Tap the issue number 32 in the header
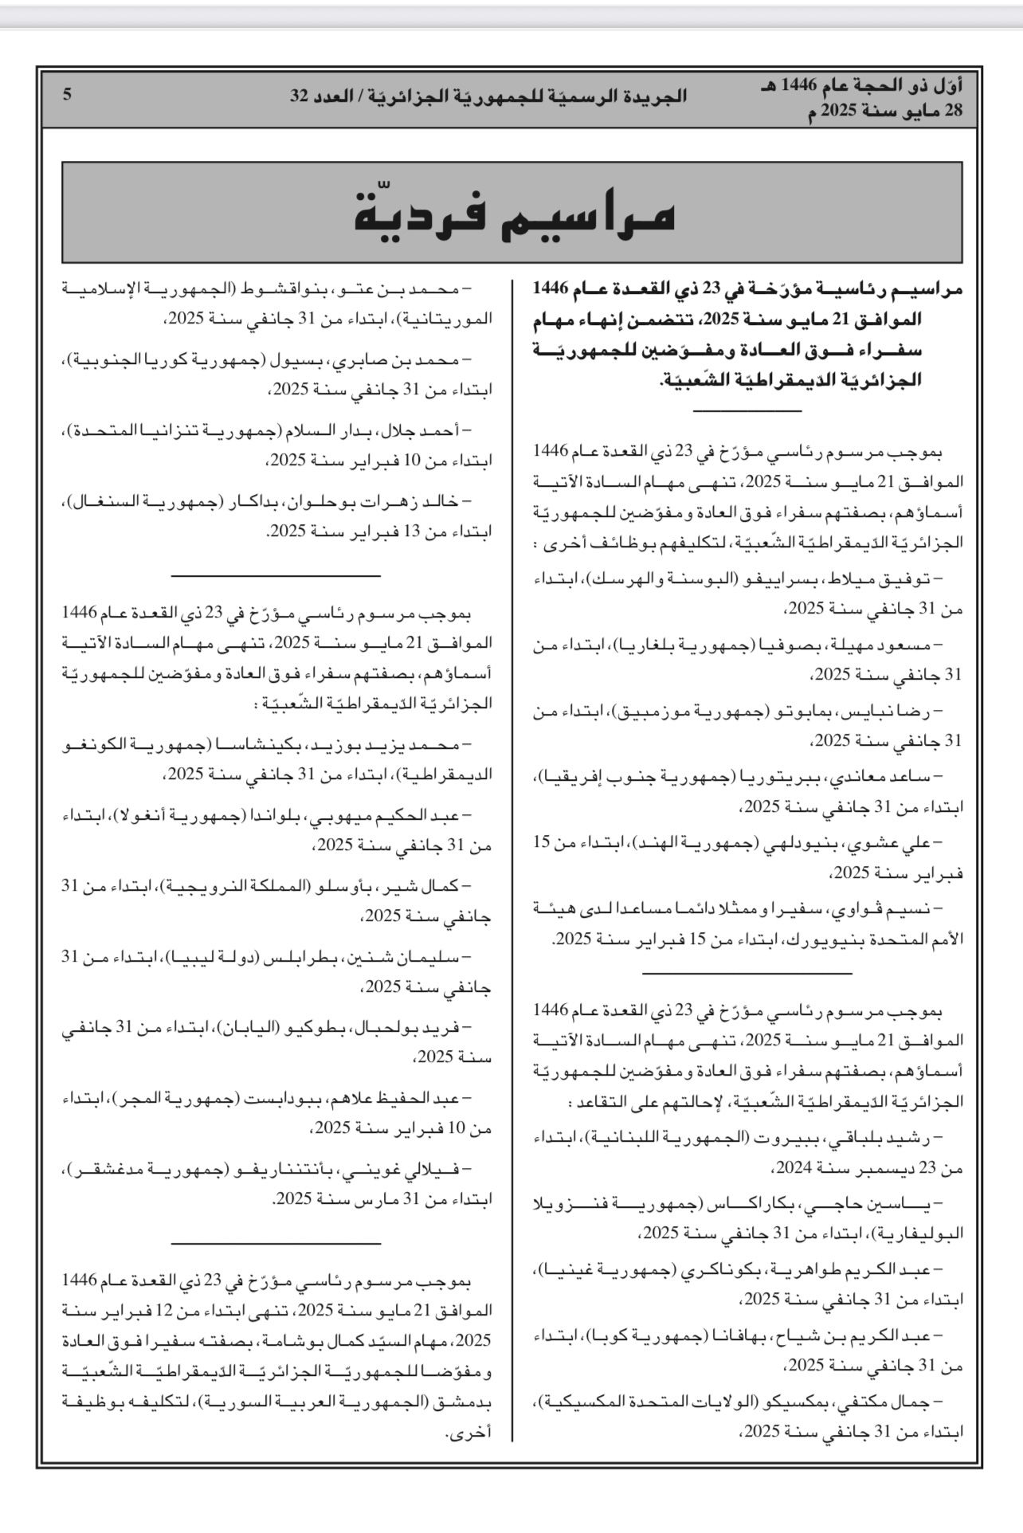(x=300, y=96)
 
